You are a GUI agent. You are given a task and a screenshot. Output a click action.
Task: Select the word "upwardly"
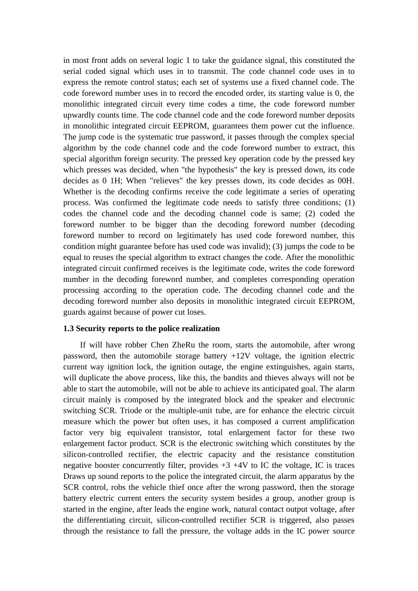[78, 115]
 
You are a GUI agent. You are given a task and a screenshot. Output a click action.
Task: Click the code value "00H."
[345, 181]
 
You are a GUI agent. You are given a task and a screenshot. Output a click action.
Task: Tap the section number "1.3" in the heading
[69, 329]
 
